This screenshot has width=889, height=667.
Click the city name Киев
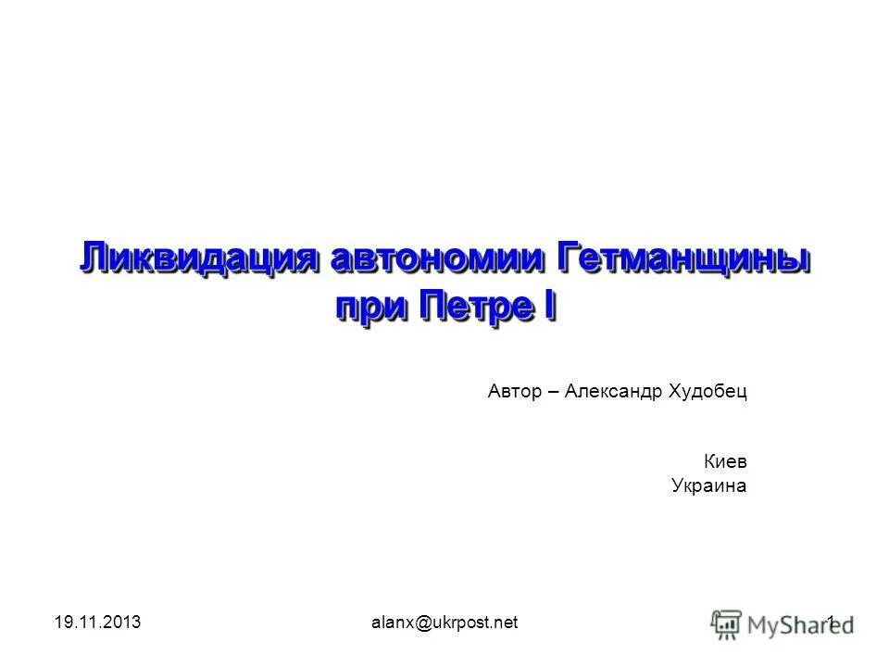coord(726,460)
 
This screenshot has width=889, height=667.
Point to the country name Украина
coord(708,485)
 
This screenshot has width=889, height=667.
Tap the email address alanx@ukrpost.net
coord(444,623)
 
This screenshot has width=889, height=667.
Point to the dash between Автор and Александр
coord(553,392)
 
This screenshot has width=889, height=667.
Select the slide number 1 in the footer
coord(831,622)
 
